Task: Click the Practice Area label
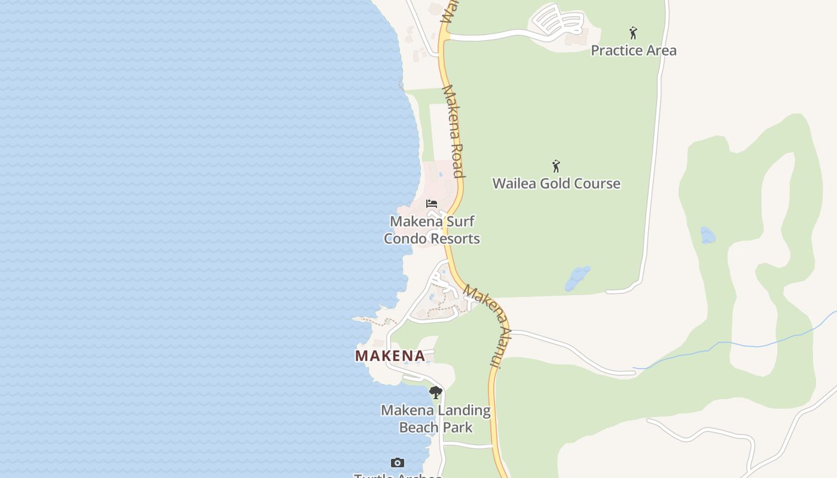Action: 633,50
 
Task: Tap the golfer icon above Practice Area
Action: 633,33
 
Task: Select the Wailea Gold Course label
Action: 556,183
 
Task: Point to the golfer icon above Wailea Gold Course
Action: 556,166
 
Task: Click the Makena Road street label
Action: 453,131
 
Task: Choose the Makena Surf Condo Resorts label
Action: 432,230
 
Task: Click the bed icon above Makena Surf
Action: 432,204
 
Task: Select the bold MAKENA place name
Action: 390,356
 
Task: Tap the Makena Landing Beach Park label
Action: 436,419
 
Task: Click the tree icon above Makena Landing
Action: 436,393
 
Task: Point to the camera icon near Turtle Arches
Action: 398,462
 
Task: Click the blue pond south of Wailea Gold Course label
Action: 578,278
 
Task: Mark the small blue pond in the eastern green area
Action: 707,235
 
